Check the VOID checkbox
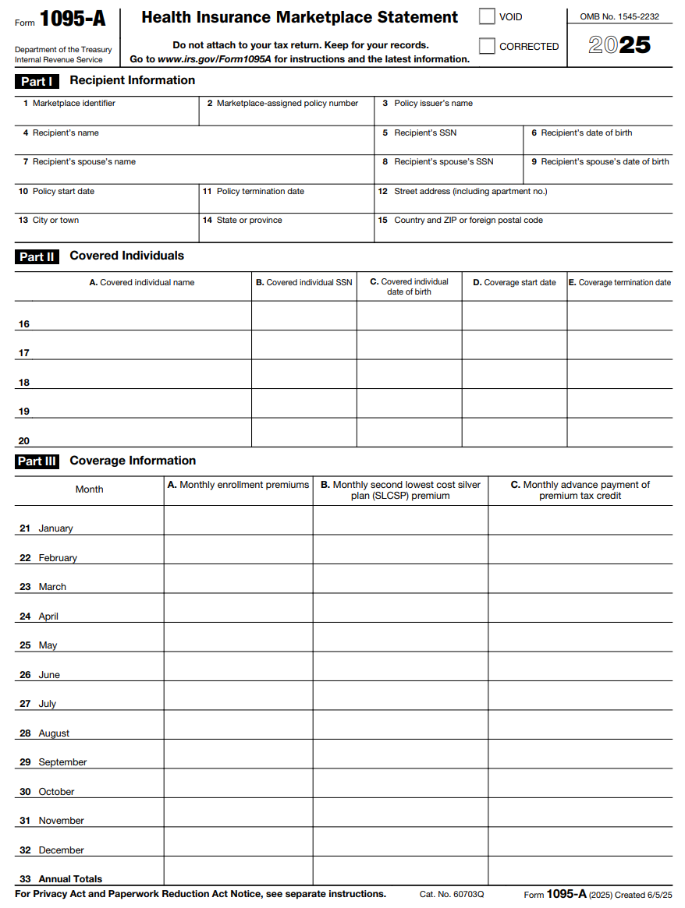click(487, 16)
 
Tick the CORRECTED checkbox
click(487, 46)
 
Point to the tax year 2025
click(619, 44)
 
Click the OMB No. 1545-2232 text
click(619, 16)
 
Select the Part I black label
click(37, 81)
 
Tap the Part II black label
click(37, 256)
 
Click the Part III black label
click(37, 461)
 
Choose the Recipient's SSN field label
click(425, 132)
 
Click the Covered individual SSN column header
click(304, 282)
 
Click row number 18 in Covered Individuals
click(24, 383)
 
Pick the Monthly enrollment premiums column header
click(238, 485)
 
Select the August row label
click(54, 733)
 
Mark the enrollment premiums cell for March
click(238, 579)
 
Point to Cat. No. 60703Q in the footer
click(452, 894)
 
